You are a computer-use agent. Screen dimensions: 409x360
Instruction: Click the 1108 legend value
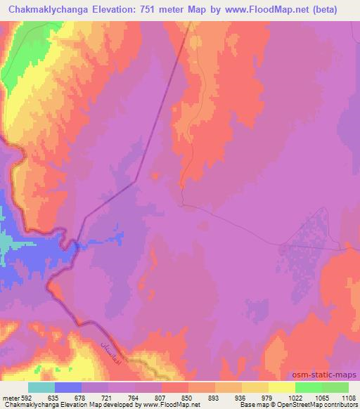[349, 397]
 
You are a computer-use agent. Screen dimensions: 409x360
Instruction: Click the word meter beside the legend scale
[9, 397]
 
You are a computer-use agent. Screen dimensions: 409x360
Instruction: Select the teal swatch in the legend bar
[41, 387]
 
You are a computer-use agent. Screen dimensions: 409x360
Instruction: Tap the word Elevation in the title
[118, 10]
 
